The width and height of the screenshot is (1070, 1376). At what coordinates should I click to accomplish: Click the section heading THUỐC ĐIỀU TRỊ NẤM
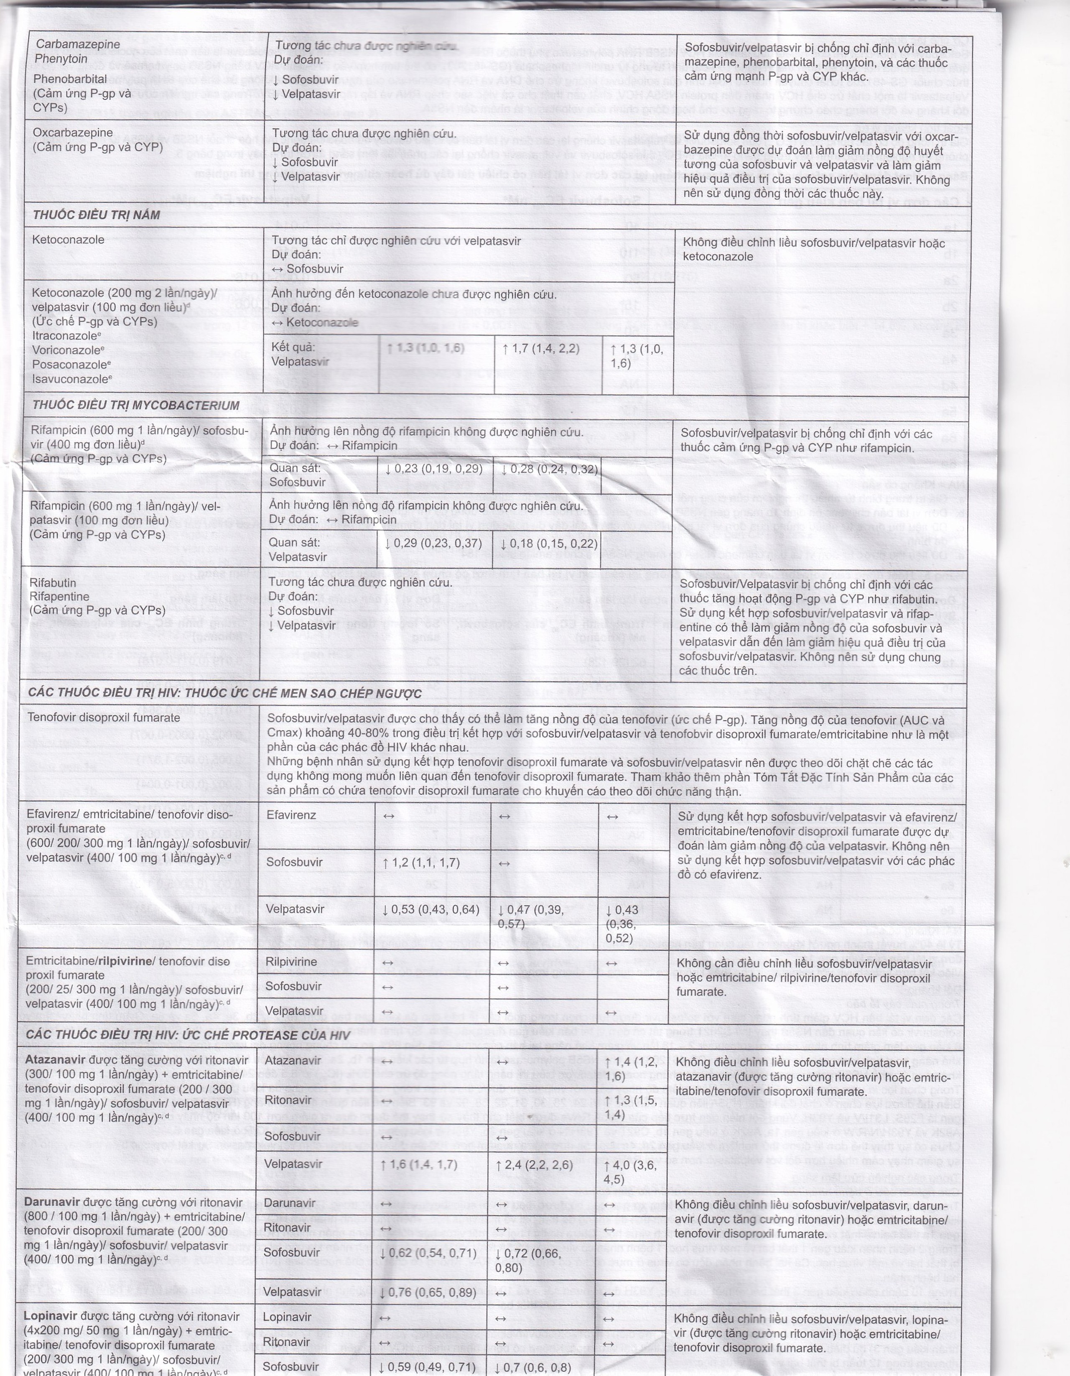(97, 215)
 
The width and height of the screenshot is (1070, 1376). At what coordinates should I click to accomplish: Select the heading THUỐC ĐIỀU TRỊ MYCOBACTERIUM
(135, 405)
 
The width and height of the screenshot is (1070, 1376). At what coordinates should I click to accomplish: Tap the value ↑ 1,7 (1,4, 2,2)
(541, 348)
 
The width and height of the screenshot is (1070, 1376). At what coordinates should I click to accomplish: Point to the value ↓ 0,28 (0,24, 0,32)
(548, 469)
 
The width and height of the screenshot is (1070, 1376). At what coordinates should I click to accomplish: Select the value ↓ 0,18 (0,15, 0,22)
(548, 544)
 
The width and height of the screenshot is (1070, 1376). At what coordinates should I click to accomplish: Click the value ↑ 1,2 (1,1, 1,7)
(421, 863)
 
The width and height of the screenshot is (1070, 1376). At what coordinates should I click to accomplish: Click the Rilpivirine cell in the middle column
(291, 962)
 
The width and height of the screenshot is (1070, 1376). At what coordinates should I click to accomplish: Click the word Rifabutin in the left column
(53, 583)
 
